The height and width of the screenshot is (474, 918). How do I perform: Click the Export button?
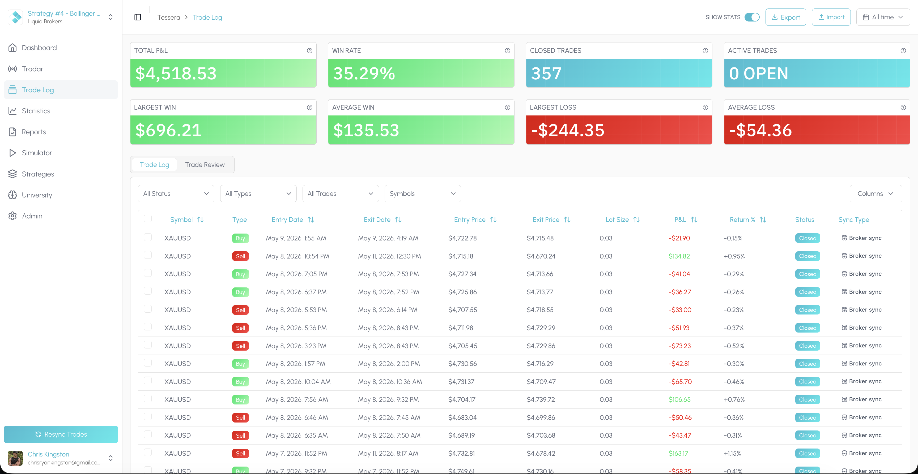(785, 17)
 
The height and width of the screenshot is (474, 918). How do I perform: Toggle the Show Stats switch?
(752, 17)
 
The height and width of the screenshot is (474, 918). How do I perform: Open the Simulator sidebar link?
(37, 153)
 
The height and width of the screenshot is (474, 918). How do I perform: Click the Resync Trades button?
(61, 434)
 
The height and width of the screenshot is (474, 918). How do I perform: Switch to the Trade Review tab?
(205, 165)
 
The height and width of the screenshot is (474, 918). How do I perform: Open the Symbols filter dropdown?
(423, 193)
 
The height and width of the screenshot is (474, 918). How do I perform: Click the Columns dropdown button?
(875, 193)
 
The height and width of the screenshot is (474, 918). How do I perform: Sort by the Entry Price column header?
(475, 219)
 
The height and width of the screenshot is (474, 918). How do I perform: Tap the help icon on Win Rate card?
(507, 51)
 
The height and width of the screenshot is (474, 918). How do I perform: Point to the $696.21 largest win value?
(169, 130)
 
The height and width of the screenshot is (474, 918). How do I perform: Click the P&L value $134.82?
(679, 256)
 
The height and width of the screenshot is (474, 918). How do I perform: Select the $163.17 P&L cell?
(678, 453)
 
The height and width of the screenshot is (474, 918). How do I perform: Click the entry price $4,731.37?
(461, 381)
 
